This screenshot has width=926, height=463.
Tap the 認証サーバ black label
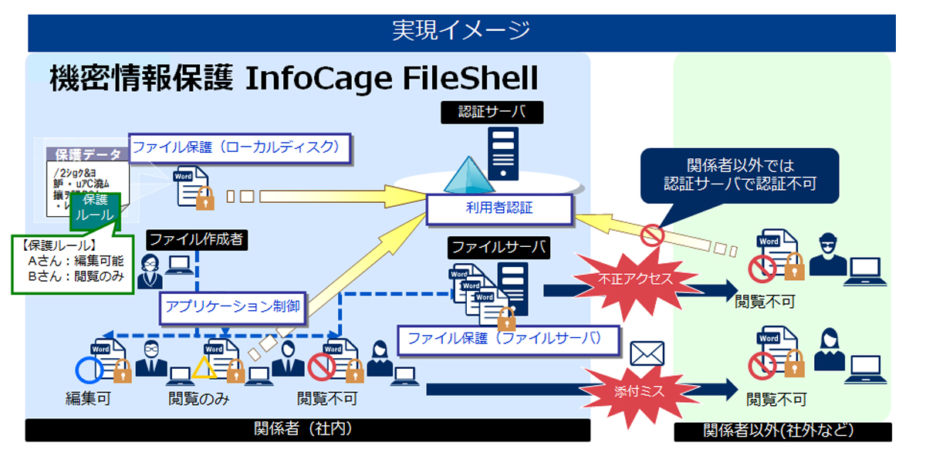[x=492, y=113]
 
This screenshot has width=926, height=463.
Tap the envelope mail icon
[x=647, y=353]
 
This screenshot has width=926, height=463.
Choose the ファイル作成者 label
[x=195, y=239]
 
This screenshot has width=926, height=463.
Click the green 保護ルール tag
[x=96, y=210]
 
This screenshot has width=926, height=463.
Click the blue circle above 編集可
[x=89, y=370]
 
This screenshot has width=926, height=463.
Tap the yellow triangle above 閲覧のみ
[x=204, y=368]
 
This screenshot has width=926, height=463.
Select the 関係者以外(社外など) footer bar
[x=782, y=431]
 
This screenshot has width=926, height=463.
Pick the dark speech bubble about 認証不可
[x=740, y=175]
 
